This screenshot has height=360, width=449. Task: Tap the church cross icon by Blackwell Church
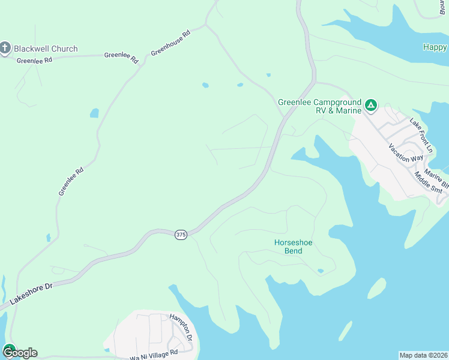click(5, 49)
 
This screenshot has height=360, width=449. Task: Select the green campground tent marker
click(372, 106)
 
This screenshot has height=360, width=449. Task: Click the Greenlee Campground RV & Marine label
click(319, 106)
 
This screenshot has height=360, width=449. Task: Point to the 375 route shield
click(181, 235)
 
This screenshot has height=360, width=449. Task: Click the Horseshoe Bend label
click(293, 247)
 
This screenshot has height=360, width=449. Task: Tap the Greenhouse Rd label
click(170, 43)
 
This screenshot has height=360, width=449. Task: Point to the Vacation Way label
click(405, 154)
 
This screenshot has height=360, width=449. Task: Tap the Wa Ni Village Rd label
click(154, 356)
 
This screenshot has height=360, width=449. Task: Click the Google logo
click(20, 352)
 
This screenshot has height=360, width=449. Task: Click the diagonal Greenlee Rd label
click(71, 181)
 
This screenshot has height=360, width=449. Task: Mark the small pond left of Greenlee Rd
click(94, 113)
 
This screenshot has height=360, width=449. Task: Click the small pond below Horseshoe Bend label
click(321, 271)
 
